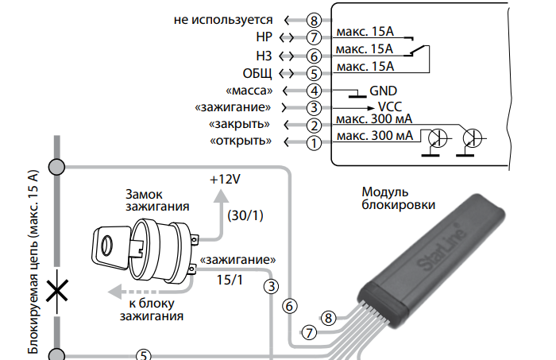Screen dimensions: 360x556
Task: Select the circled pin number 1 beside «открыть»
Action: click(315, 142)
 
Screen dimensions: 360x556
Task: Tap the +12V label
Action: click(225, 180)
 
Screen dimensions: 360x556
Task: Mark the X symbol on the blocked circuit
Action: click(56, 290)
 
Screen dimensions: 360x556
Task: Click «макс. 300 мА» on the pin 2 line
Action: click(373, 120)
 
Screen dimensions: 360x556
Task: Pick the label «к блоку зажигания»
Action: click(153, 309)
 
